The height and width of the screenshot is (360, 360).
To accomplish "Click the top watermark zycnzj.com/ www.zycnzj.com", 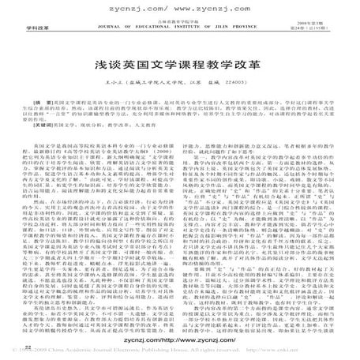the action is click(181, 9).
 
